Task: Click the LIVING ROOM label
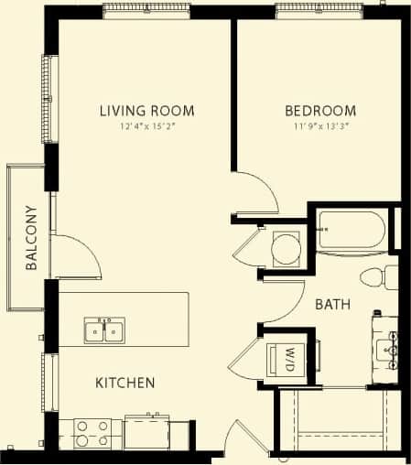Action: [146, 112]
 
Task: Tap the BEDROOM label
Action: [314, 112]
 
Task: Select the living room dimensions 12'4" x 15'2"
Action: [146, 128]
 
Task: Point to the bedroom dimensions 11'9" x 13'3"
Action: [314, 128]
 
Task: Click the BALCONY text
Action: [31, 238]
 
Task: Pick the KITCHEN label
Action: [124, 383]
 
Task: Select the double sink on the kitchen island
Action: [103, 330]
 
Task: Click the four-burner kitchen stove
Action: [92, 433]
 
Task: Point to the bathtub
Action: [351, 230]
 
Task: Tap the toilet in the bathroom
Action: [377, 276]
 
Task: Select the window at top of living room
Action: [146, 11]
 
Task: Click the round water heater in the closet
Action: [287, 247]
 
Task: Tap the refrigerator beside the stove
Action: [146, 431]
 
